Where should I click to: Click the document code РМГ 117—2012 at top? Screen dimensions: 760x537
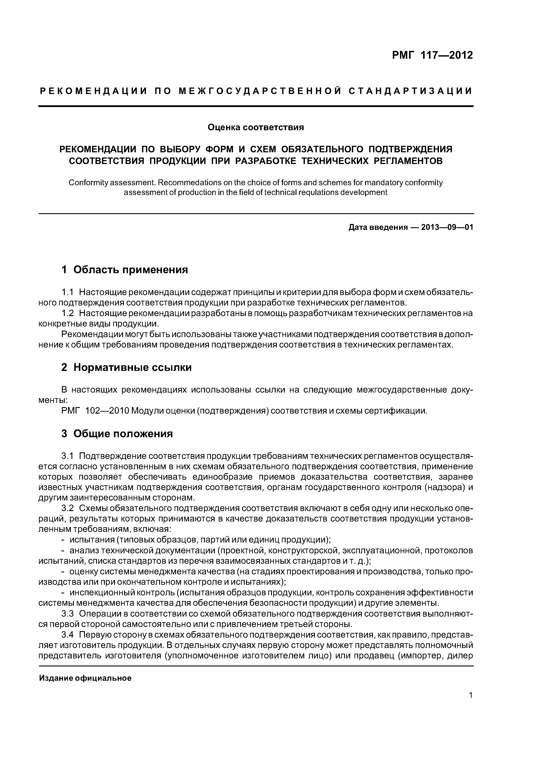click(x=432, y=55)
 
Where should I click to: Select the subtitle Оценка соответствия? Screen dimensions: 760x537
click(x=256, y=127)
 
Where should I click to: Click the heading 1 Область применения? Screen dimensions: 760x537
click(x=125, y=270)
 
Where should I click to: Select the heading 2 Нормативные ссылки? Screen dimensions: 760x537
click(x=126, y=367)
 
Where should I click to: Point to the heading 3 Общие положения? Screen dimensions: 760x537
click(x=117, y=434)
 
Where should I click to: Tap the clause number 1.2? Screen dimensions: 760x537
click(x=68, y=313)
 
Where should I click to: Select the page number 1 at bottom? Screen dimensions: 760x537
click(x=471, y=695)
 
